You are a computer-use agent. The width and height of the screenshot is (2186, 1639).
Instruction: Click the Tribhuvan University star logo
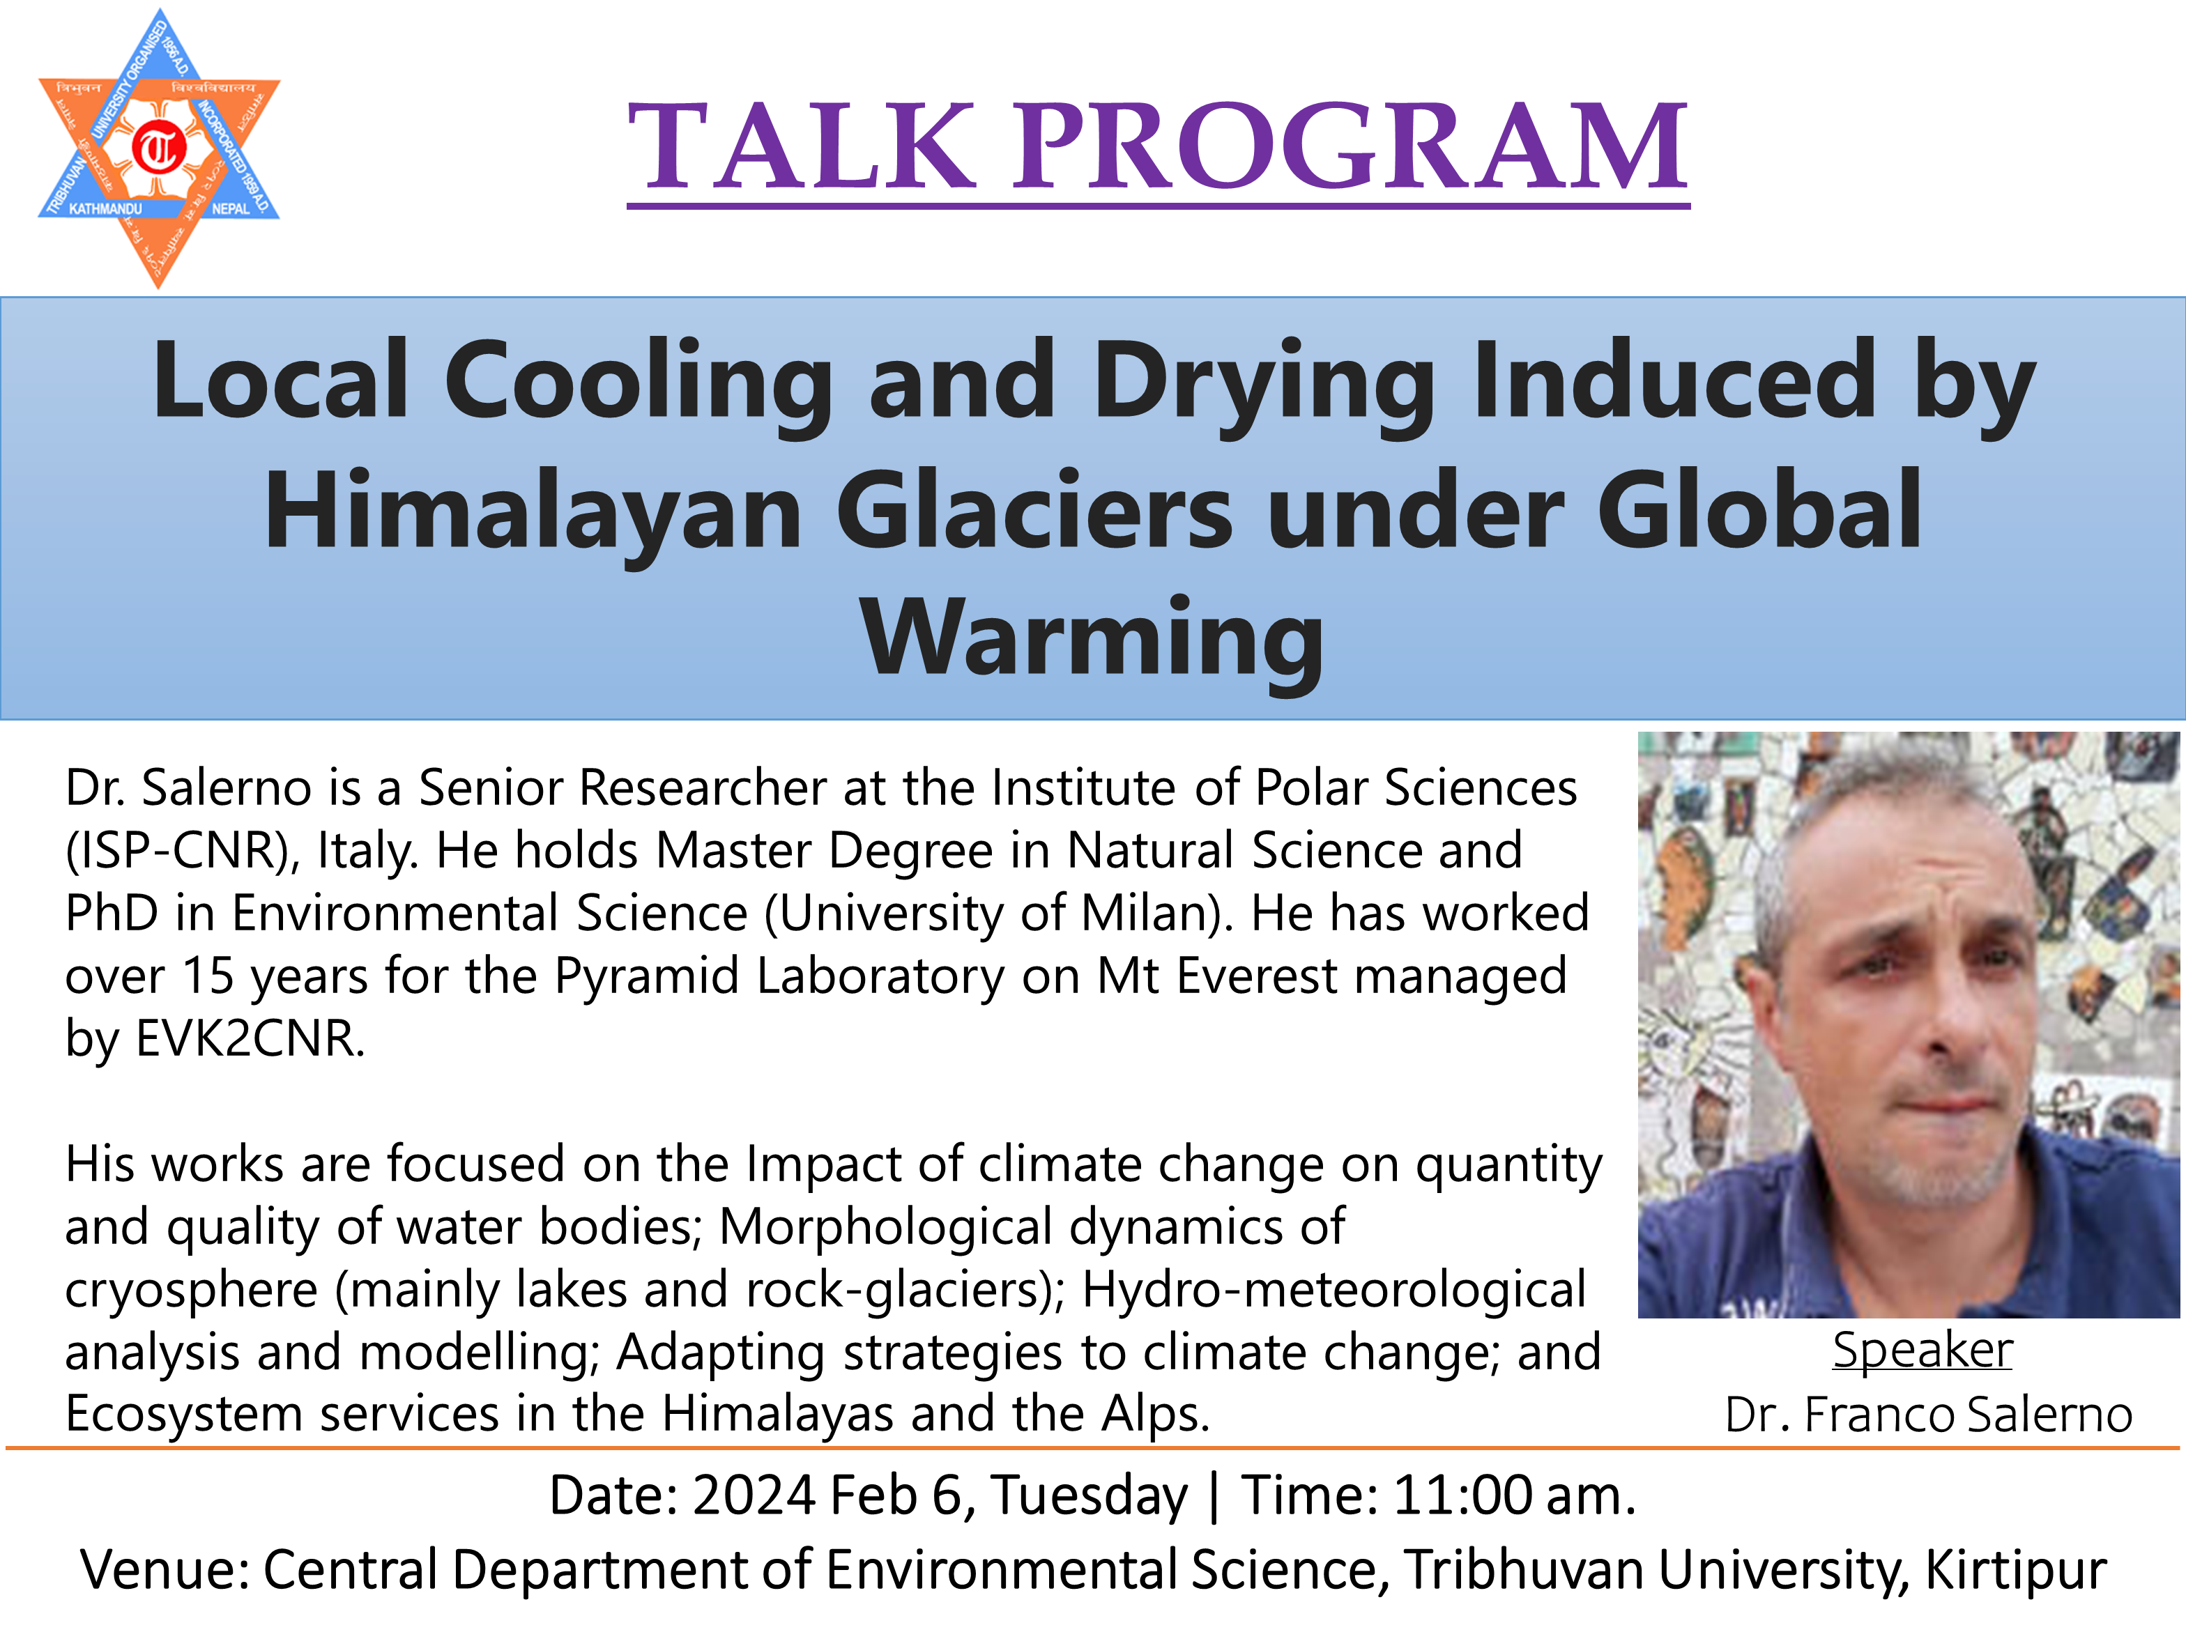point(159,148)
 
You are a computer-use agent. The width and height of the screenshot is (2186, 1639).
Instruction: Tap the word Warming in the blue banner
point(1092,640)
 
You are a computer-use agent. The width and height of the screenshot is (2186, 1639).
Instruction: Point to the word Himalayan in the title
point(533,511)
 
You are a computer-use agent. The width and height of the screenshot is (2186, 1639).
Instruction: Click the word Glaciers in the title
point(1034,511)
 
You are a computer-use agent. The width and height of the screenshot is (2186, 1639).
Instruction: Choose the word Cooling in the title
point(639,381)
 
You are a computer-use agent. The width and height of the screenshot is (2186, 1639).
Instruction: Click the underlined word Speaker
point(1922,1351)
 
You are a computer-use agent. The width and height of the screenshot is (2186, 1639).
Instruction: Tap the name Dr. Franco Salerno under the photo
point(1928,1415)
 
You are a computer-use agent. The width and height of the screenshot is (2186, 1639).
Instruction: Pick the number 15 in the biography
point(208,976)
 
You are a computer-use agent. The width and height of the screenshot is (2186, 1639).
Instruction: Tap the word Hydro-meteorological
point(1334,1291)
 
